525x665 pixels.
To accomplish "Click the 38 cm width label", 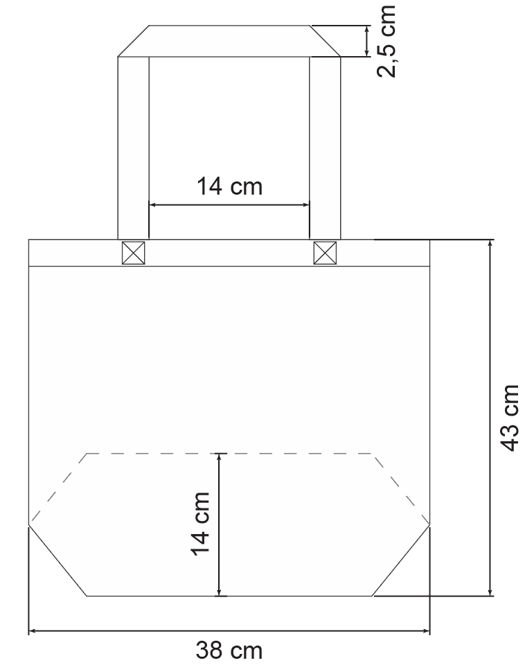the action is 229,650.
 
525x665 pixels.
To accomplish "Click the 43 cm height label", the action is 509,418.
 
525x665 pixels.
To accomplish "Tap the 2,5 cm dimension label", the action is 386,41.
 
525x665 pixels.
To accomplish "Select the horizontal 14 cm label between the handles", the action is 229,186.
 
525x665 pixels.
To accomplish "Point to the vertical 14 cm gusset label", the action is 200,524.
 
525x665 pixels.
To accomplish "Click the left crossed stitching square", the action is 133,253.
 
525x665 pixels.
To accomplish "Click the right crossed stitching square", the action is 325,253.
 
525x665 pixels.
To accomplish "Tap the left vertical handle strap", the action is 133,148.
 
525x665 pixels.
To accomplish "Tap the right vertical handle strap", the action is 325,148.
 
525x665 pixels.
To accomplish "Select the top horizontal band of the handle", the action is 229,41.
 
